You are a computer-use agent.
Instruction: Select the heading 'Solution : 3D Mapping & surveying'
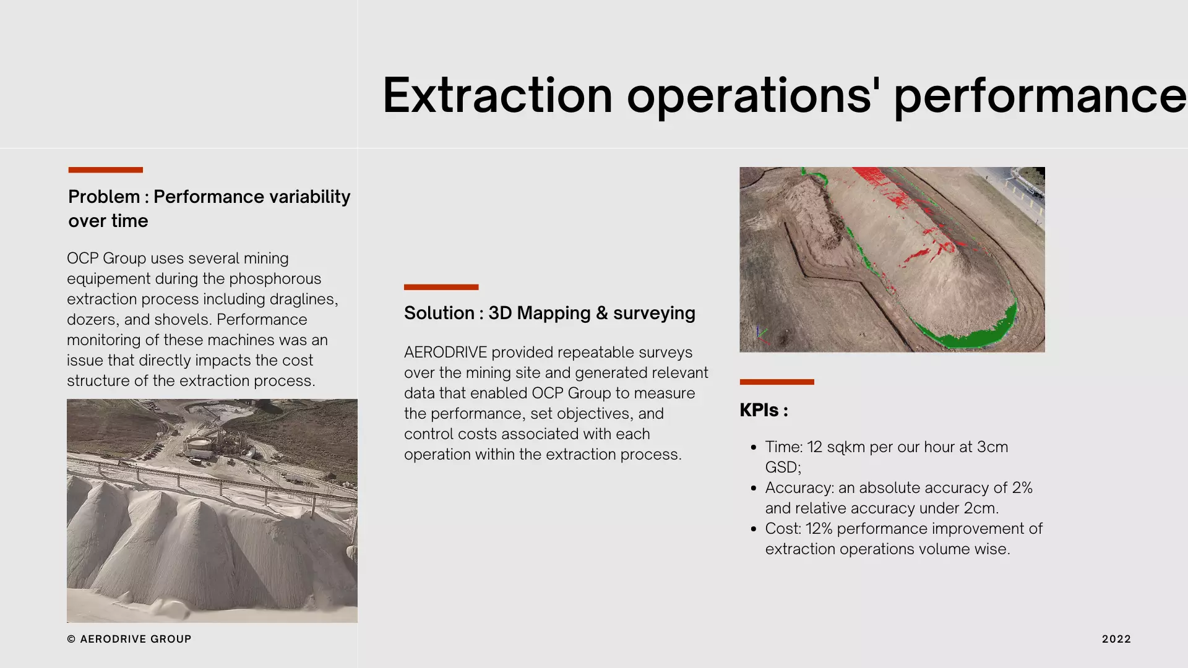pos(549,313)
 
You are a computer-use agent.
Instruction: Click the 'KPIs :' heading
pos(764,410)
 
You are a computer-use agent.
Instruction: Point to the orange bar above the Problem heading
pos(105,169)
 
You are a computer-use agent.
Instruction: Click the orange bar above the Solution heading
pos(441,287)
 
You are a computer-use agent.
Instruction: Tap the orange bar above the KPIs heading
pos(777,382)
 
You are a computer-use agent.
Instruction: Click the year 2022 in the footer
pos(1116,639)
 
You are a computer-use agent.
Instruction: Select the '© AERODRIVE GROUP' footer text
pos(129,639)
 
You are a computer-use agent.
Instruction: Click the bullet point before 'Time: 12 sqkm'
pos(753,447)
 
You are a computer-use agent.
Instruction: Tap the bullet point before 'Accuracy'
pos(753,488)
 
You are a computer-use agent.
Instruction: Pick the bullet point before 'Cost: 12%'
pos(753,529)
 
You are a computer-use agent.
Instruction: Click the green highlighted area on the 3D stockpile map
pos(978,334)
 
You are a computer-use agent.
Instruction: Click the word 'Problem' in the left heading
pos(104,197)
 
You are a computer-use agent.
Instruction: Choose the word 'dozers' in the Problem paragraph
pos(93,320)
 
